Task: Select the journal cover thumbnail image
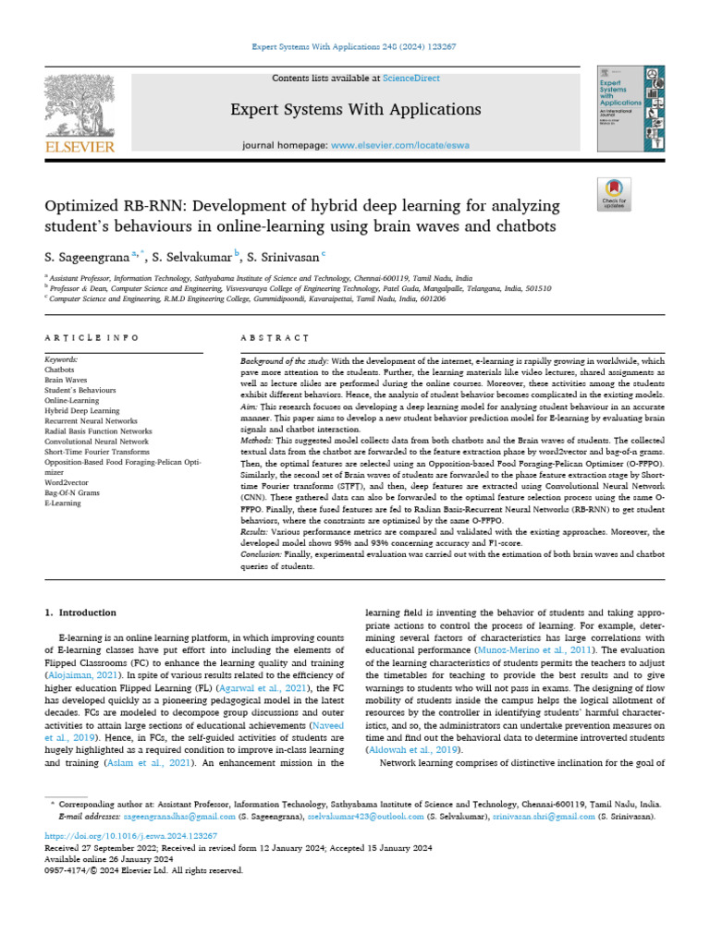pos(630,109)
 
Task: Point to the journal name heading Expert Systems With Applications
pos(356,110)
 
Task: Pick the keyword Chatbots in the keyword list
pos(59,368)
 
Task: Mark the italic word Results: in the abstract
pos(254,532)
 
